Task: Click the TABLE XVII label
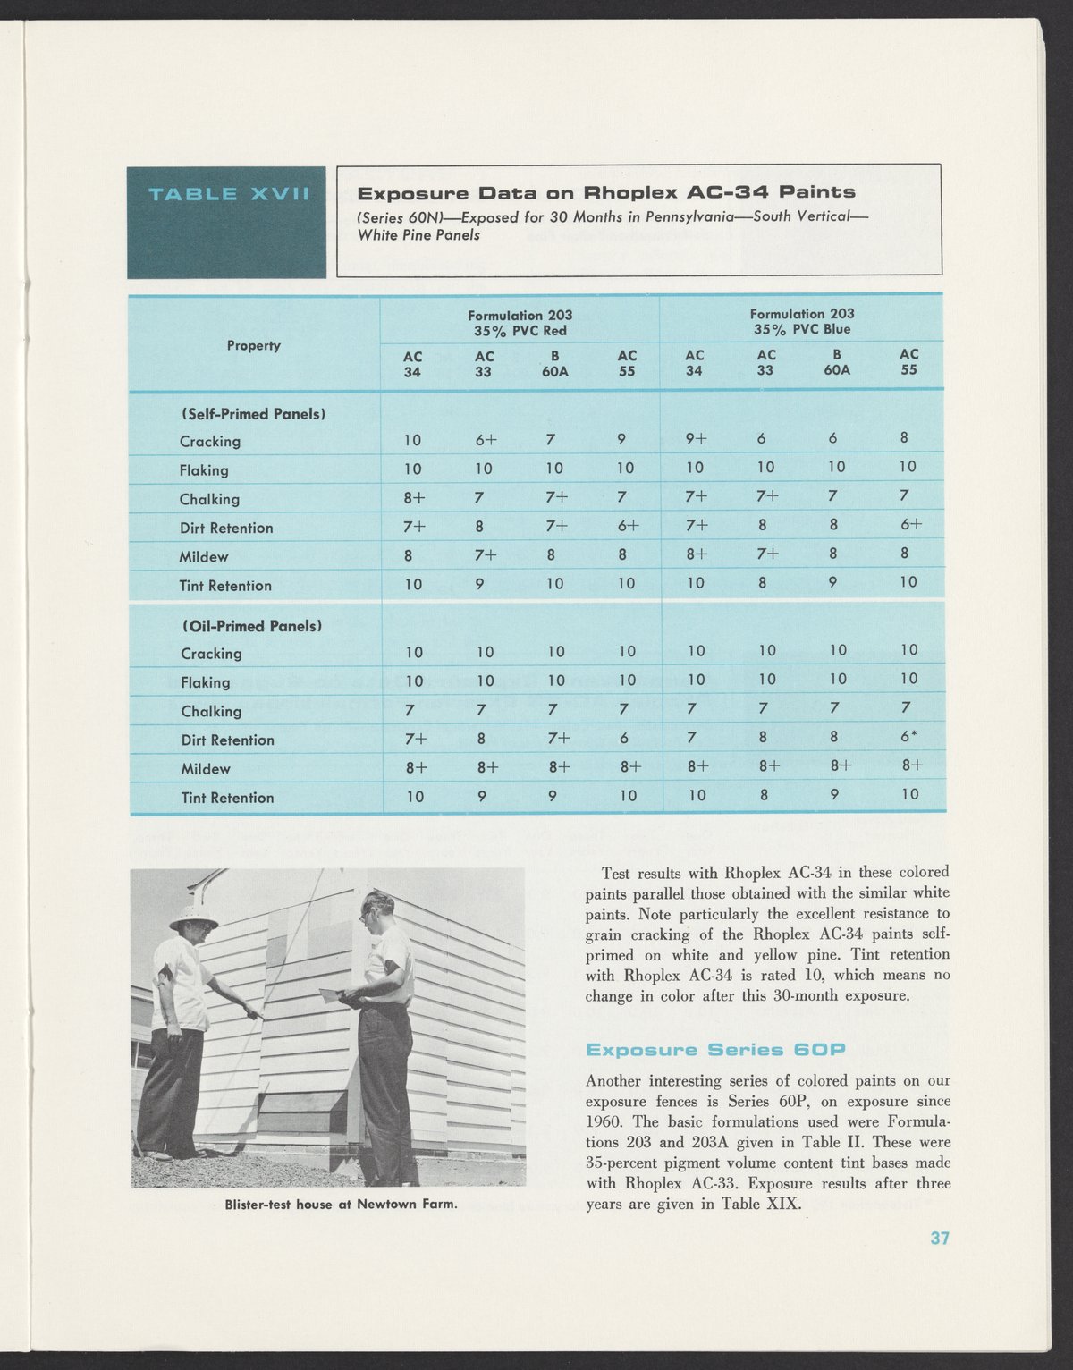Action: [228, 194]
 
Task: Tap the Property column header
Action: [254, 345]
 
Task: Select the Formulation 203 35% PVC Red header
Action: [520, 323]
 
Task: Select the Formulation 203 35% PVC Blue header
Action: [801, 321]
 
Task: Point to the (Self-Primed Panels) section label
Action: [253, 414]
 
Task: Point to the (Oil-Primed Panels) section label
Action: [251, 626]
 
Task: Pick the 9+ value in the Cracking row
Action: [696, 439]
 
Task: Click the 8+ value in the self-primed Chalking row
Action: [412, 498]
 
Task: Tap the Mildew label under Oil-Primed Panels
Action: [206, 769]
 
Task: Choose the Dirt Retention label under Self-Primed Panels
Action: [226, 528]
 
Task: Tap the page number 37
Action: [939, 1239]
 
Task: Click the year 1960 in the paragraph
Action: [604, 1121]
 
